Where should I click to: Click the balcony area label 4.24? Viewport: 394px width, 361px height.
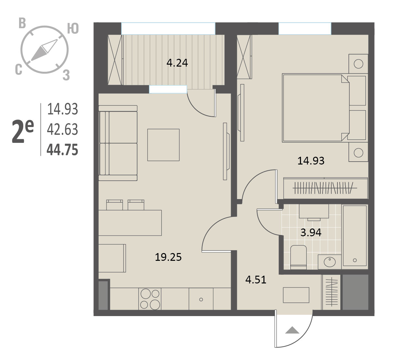pyautogui.click(x=177, y=63)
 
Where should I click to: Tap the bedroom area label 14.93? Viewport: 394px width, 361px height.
pyautogui.click(x=311, y=161)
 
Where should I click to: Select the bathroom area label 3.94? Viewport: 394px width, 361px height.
pyautogui.click(x=311, y=233)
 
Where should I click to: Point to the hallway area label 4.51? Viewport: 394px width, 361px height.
pyautogui.click(x=256, y=280)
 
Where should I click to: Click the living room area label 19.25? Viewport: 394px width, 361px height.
pyautogui.click(x=168, y=257)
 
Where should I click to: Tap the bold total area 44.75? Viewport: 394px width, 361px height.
pyautogui.click(x=62, y=150)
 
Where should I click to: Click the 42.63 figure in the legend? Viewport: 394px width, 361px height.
pyautogui.click(x=62, y=129)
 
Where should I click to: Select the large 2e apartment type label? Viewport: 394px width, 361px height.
pyautogui.click(x=23, y=132)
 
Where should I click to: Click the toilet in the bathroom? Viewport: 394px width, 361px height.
pyautogui.click(x=298, y=257)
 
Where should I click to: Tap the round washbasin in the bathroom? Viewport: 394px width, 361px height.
pyautogui.click(x=330, y=262)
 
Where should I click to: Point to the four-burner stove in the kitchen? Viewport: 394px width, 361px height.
pyautogui.click(x=150, y=299)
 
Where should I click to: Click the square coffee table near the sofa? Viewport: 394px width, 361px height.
pyautogui.click(x=163, y=145)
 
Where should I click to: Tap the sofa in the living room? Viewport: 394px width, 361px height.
pyautogui.click(x=118, y=143)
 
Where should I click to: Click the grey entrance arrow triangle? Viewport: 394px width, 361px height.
pyautogui.click(x=292, y=330)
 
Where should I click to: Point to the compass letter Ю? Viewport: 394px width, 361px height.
pyautogui.click(x=73, y=28)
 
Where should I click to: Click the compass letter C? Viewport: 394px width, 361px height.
pyautogui.click(x=18, y=69)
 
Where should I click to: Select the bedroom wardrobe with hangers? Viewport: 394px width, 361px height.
pyautogui.click(x=325, y=188)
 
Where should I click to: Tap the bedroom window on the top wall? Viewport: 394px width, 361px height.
pyautogui.click(x=305, y=29)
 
